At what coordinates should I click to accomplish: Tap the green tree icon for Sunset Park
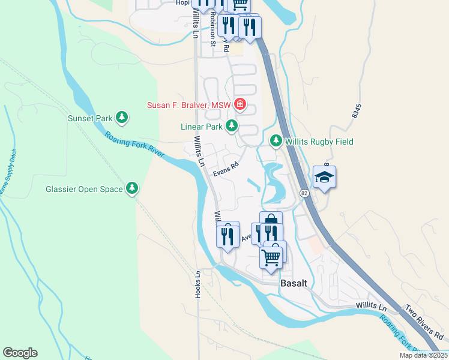click(122, 117)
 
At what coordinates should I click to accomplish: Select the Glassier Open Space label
click(84, 190)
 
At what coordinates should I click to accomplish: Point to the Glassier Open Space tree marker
click(132, 189)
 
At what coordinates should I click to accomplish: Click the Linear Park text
click(201, 127)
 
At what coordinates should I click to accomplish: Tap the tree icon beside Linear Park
click(231, 126)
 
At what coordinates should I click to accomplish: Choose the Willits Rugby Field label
click(319, 142)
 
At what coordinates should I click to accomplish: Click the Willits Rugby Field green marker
click(276, 141)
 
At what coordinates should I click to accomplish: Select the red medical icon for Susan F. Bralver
click(240, 105)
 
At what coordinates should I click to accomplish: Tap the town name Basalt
click(294, 283)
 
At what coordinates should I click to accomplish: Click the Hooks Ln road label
click(197, 284)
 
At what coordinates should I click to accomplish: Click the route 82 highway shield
click(304, 193)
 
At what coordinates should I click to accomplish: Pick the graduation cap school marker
click(324, 178)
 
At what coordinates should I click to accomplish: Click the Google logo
click(20, 353)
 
